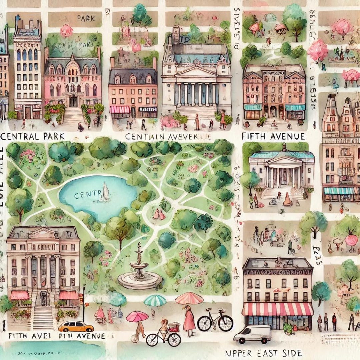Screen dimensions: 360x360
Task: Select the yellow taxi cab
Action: [76, 326]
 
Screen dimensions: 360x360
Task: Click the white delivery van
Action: [252, 334]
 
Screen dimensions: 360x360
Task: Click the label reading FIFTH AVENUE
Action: [273, 136]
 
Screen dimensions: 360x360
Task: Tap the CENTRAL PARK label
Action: [32, 136]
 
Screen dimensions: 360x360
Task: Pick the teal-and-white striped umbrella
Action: [155, 300]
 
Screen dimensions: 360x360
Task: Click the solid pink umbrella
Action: [137, 316]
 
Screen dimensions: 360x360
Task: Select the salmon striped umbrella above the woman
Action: [189, 298]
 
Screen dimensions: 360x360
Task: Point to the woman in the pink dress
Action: [189, 321]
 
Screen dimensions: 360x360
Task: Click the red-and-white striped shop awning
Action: [278, 309]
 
